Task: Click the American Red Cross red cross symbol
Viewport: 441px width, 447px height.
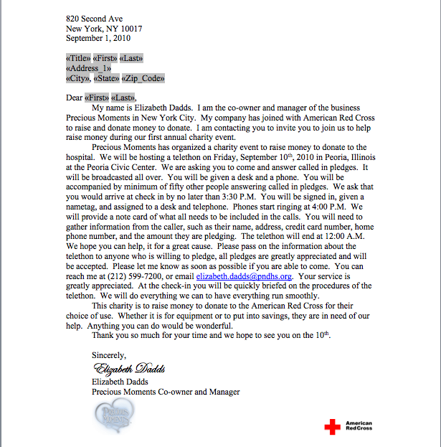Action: (x=332, y=427)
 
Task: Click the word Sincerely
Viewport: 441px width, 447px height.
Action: (x=109, y=354)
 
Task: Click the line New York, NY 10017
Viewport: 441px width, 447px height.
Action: (x=104, y=29)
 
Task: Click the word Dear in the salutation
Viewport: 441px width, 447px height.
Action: (x=74, y=98)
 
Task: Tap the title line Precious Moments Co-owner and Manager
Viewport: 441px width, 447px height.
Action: (x=166, y=392)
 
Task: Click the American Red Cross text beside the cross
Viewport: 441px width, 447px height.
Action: (x=359, y=426)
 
